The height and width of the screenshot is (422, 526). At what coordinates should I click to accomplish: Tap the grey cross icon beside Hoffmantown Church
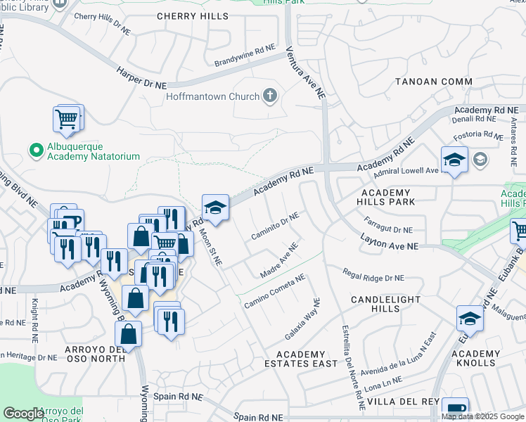tap(269, 96)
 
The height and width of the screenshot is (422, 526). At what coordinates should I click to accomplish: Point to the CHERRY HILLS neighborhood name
tap(192, 15)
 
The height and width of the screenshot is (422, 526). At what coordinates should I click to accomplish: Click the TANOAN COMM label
tap(433, 82)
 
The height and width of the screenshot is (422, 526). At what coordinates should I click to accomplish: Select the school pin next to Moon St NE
tap(215, 207)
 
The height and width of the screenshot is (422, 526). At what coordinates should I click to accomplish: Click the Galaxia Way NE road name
tap(302, 318)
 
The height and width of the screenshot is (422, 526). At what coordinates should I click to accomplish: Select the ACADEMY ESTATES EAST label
tap(300, 359)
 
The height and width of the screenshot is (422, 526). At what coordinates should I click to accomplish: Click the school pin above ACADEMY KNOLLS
tap(470, 319)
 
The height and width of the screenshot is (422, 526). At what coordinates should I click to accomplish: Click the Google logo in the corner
tap(23, 414)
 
